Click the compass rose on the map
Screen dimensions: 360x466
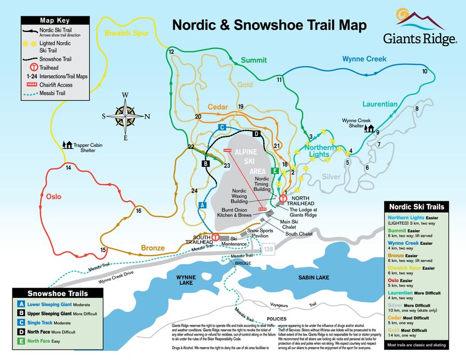click(x=125, y=116)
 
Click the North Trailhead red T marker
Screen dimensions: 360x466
click(x=282, y=199)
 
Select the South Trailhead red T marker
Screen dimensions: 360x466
click(x=215, y=237)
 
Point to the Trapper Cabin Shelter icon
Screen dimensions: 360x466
click(x=68, y=145)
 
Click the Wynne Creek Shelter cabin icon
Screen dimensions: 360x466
click(x=371, y=128)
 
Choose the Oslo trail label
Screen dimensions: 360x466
click(x=53, y=196)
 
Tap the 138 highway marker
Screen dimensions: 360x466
click(x=269, y=249)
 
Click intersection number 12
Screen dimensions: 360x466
click(x=171, y=51)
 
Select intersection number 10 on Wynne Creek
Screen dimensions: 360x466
click(x=425, y=71)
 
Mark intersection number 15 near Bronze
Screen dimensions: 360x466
click(x=103, y=250)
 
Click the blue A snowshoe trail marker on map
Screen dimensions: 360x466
click(x=202, y=205)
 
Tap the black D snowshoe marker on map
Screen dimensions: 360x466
click(x=257, y=133)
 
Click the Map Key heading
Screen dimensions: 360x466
click(x=54, y=21)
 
